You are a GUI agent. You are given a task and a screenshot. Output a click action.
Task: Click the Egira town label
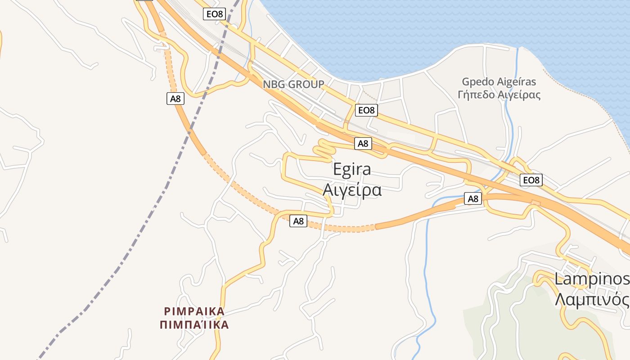(x=352, y=169)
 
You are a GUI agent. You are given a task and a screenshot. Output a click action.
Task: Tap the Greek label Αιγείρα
(x=352, y=190)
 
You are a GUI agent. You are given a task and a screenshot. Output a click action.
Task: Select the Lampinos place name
(x=591, y=279)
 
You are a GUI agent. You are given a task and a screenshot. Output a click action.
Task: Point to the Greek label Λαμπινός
(x=591, y=299)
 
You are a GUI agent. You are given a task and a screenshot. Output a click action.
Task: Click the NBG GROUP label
(x=293, y=84)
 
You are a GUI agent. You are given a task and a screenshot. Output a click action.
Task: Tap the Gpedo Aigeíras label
(x=499, y=82)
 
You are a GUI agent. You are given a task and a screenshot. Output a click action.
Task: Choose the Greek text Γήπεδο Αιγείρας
(x=499, y=95)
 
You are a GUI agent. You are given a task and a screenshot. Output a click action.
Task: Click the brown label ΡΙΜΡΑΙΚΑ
(x=194, y=311)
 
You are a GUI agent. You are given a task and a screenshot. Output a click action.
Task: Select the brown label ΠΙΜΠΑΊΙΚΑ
(x=194, y=324)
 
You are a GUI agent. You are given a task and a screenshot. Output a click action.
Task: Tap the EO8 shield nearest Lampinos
(x=531, y=180)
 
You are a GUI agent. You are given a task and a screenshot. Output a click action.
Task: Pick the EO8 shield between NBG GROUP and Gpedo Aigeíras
(x=366, y=110)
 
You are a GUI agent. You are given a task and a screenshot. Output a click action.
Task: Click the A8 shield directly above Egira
(x=363, y=144)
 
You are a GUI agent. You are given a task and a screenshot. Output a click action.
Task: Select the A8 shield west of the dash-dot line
(x=175, y=98)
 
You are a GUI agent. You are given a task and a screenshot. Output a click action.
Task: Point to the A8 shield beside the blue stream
(x=472, y=198)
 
